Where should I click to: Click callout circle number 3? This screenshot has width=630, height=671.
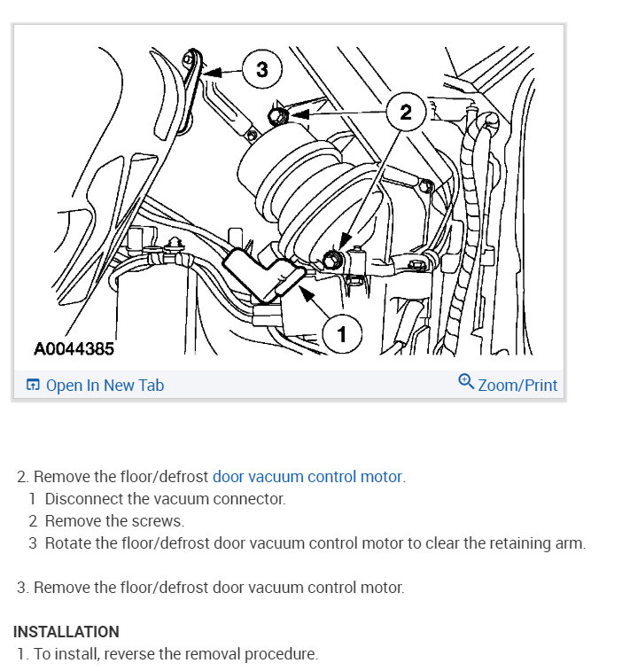click(x=262, y=68)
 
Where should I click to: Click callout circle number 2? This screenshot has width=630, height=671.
click(x=406, y=112)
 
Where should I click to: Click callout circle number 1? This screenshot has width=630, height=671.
click(x=342, y=333)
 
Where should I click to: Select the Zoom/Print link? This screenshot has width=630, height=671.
click(x=517, y=385)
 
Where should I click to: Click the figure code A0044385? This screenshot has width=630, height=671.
click(x=74, y=349)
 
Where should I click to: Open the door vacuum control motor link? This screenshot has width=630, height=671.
click(x=307, y=477)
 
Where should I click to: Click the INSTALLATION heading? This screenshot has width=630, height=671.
click(x=66, y=632)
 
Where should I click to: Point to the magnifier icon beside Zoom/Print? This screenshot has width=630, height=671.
click(x=466, y=382)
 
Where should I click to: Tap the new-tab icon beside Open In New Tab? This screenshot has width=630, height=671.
click(x=33, y=385)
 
